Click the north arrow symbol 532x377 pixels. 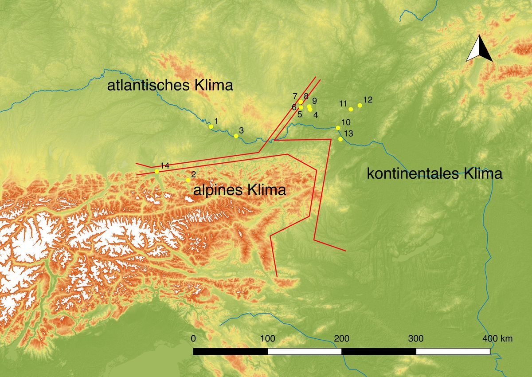point(479,48)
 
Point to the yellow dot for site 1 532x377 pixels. point(211,127)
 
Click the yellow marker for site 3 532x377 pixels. point(236,136)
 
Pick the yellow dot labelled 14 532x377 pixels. point(156,171)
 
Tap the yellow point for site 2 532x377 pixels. point(188,180)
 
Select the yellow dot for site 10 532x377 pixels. point(338,128)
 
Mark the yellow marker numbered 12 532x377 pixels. point(360,105)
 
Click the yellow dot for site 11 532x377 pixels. point(351,109)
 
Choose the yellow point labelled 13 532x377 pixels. point(340,139)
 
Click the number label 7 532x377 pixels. point(295,96)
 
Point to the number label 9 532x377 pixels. point(314,101)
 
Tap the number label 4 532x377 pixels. point(316,115)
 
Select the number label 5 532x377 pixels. point(300,114)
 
